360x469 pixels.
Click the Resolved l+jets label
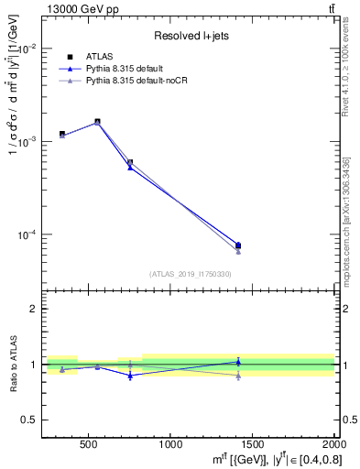(x=188, y=36)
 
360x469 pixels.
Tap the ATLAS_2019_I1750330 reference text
(x=190, y=274)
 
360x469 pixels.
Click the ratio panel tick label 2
(x=33, y=310)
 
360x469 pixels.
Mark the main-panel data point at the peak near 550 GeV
(x=97, y=122)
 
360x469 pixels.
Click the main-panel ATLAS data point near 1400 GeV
(x=238, y=245)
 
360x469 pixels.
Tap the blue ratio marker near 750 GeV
(x=130, y=376)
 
